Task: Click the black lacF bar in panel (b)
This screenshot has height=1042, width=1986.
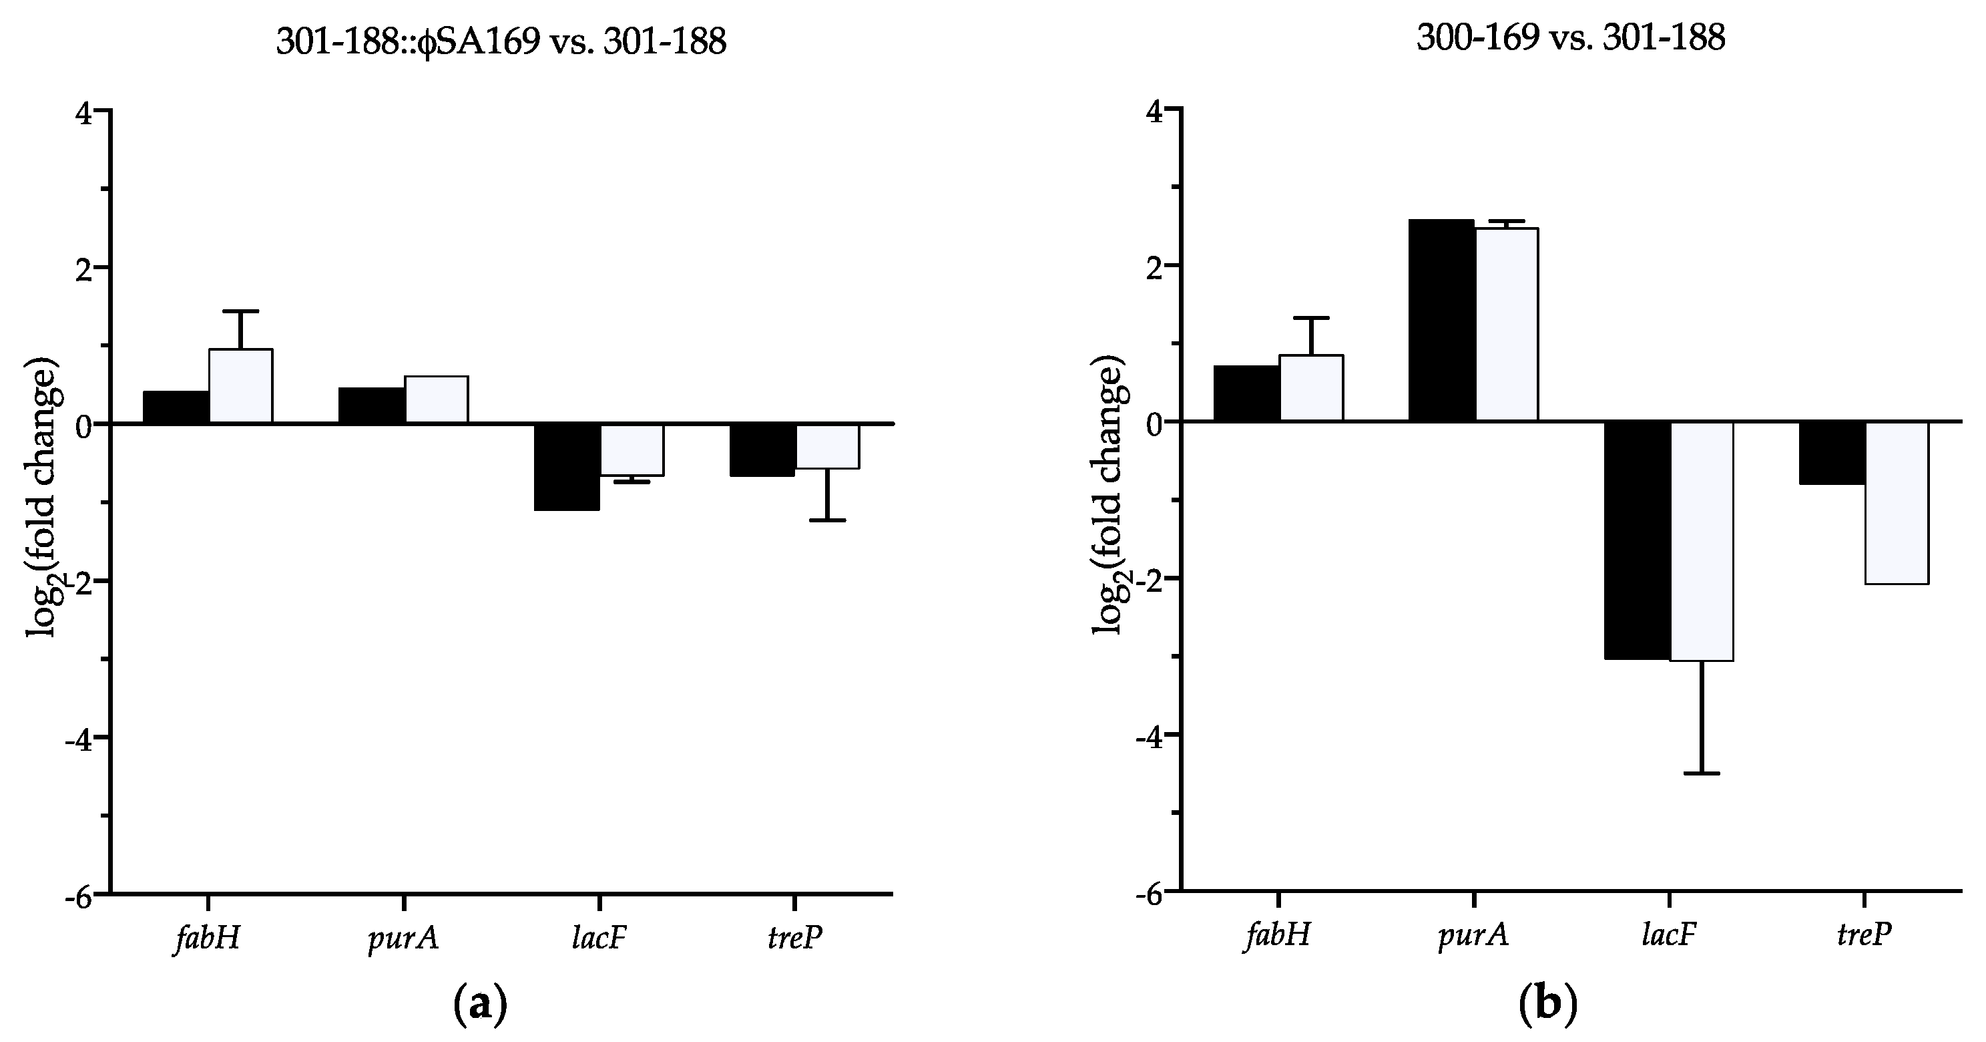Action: pyautogui.click(x=1637, y=540)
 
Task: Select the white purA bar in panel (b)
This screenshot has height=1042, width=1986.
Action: pyautogui.click(x=1507, y=325)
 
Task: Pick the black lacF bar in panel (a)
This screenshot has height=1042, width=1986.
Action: pyautogui.click(x=567, y=467)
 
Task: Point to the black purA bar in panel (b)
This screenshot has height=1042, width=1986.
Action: pyautogui.click(x=1441, y=321)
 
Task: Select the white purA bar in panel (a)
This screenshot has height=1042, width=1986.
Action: pyautogui.click(x=437, y=399)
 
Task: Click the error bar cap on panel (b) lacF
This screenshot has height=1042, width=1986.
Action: pyautogui.click(x=1702, y=773)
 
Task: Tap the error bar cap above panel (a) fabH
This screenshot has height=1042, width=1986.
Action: pyautogui.click(x=240, y=311)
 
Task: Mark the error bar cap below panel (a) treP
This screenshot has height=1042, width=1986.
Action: pyautogui.click(x=827, y=520)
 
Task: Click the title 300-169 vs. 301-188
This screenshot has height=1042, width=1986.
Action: pyautogui.click(x=1571, y=39)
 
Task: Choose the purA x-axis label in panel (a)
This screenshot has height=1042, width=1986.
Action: pyautogui.click(x=404, y=938)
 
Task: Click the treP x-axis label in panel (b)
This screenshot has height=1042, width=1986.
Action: pyautogui.click(x=1863, y=936)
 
